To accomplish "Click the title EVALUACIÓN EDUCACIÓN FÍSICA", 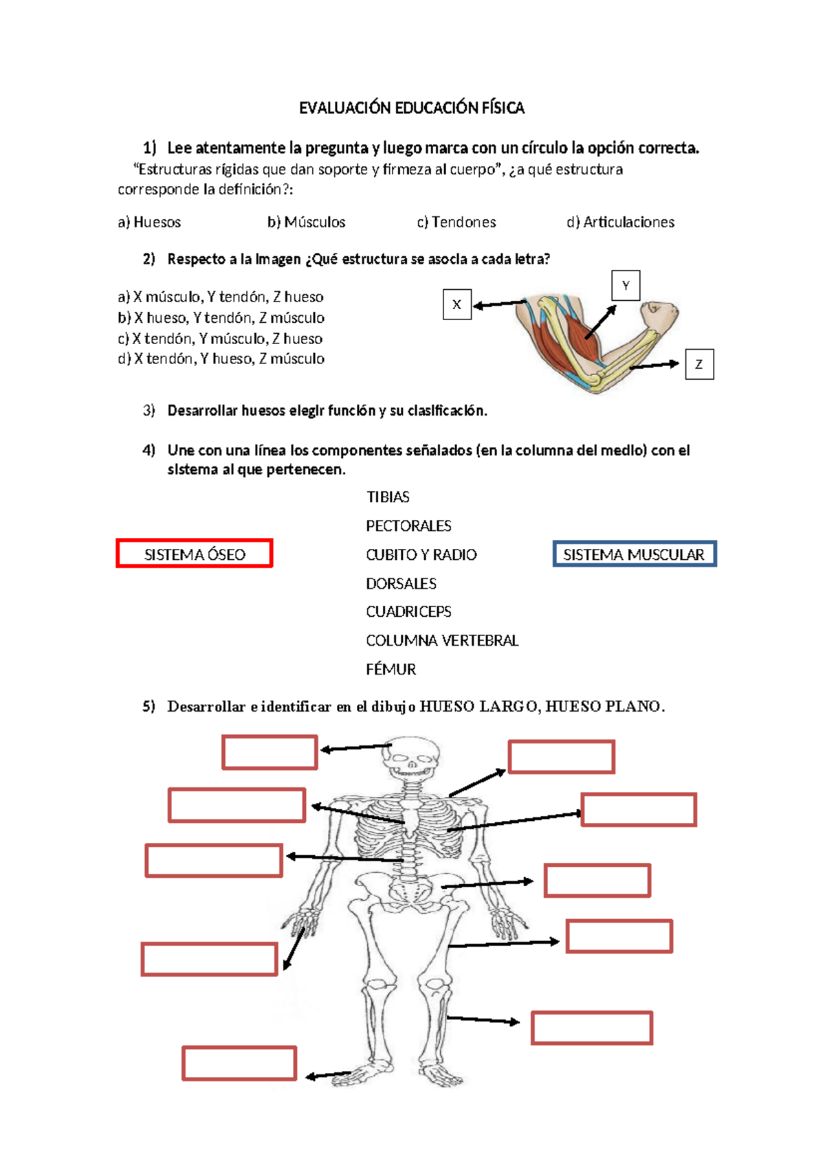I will [x=411, y=108].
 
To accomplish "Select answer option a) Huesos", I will [x=149, y=223].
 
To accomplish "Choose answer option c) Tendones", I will [x=456, y=223].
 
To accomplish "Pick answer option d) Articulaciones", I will [x=620, y=223].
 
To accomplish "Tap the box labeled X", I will [x=457, y=305].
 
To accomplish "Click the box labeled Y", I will [x=626, y=286].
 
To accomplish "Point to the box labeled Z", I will [x=699, y=365].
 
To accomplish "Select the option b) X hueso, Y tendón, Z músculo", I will [x=221, y=318].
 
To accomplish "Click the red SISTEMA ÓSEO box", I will [x=195, y=554].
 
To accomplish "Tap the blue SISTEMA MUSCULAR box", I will [x=634, y=554].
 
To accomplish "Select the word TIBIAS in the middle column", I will [x=388, y=497].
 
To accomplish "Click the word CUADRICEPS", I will [x=408, y=611].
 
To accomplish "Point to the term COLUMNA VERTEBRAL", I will [x=442, y=641].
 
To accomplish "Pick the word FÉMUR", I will [x=390, y=670].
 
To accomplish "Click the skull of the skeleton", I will [x=410, y=758].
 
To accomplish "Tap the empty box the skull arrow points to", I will [x=269, y=752].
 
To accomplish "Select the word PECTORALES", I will [x=408, y=526].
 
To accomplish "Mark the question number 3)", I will [x=148, y=411].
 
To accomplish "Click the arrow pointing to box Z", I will [x=654, y=365].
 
